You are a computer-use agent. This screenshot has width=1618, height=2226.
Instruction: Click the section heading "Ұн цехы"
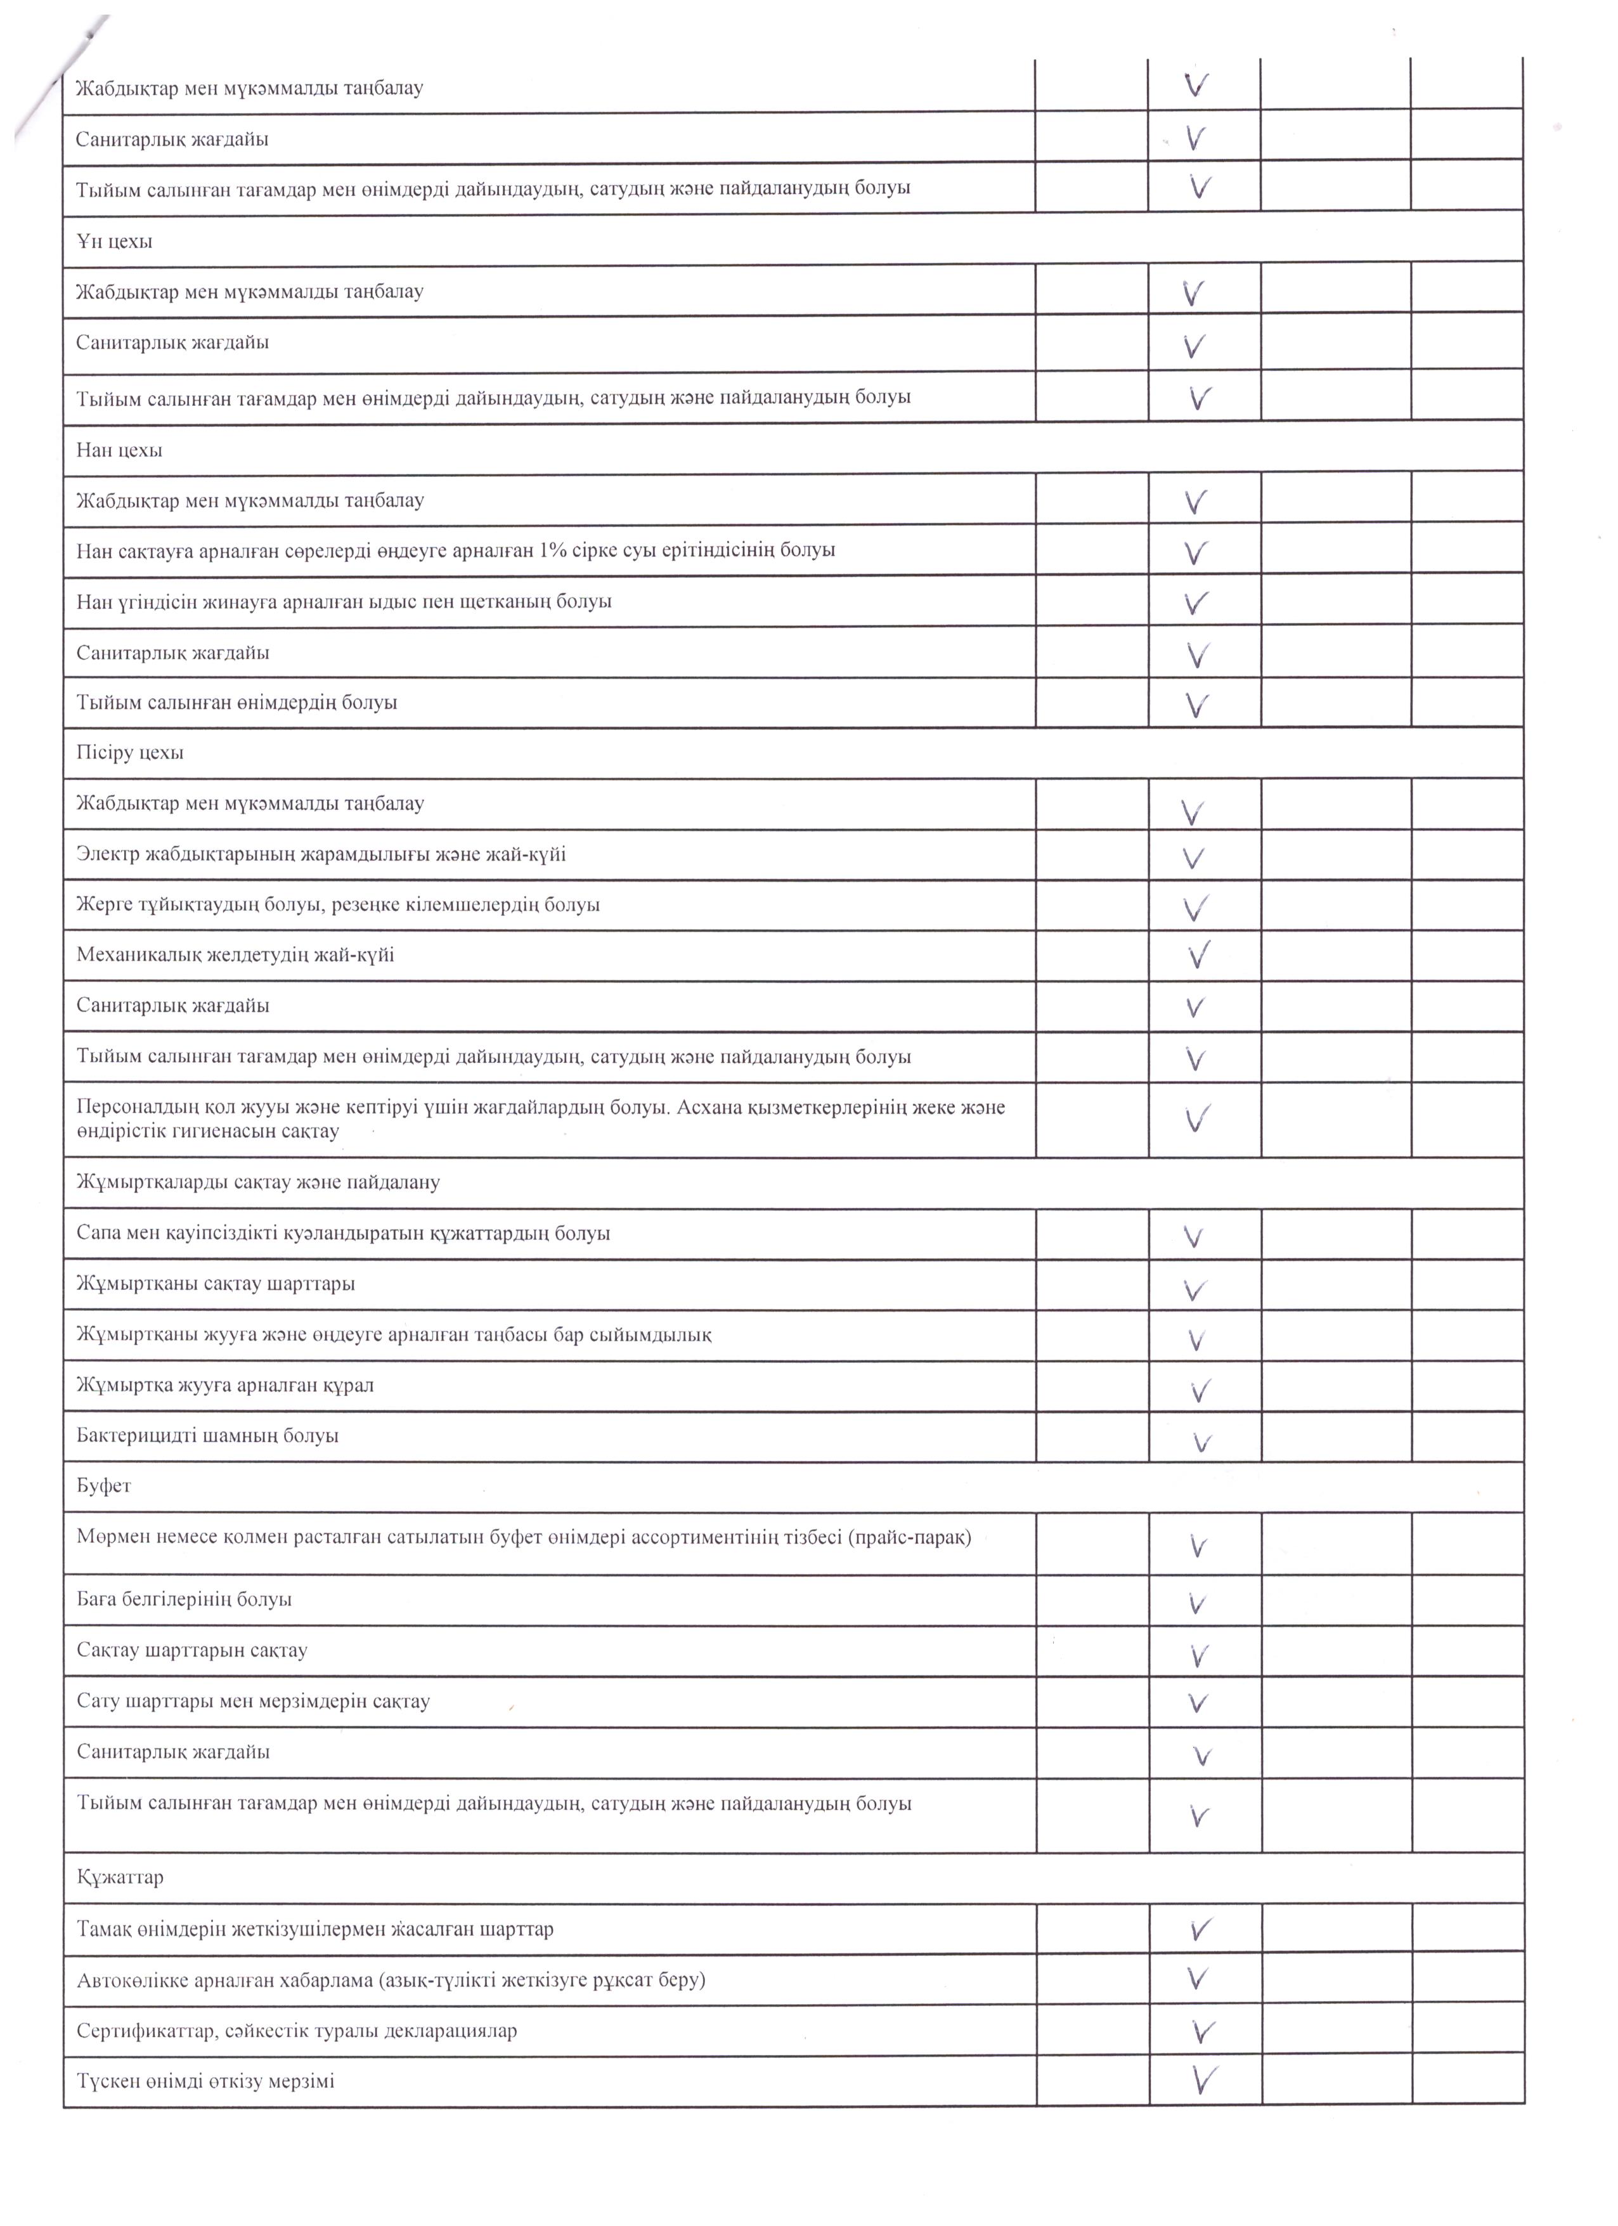click(114, 242)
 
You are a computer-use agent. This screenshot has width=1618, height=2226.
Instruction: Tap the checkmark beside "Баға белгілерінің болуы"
click(1197, 1604)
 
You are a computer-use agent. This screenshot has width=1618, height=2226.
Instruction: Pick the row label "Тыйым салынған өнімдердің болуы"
click(236, 703)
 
